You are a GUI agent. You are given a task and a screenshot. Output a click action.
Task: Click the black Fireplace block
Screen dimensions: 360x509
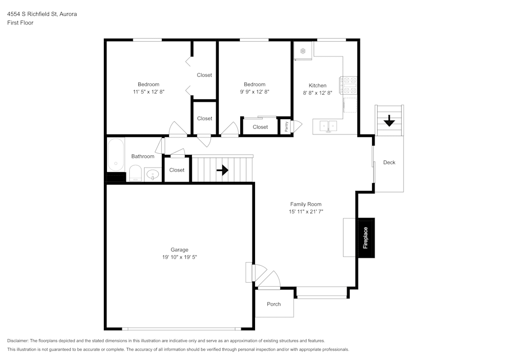(x=366, y=238)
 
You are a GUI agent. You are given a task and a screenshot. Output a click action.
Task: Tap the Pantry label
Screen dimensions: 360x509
(x=286, y=126)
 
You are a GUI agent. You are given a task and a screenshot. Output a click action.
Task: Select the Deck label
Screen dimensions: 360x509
(x=389, y=162)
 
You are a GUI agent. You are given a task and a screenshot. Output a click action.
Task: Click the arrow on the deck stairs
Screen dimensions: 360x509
(x=389, y=121)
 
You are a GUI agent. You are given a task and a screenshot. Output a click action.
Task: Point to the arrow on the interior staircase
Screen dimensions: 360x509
(x=222, y=170)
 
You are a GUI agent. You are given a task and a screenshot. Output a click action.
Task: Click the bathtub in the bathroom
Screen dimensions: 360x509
(x=116, y=155)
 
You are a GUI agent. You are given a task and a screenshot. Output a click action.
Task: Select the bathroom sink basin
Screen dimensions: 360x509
(x=153, y=175)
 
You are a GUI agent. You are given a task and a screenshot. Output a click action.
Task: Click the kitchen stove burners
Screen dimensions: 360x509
(x=350, y=85)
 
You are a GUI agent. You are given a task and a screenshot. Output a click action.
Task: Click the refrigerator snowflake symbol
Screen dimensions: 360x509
(x=302, y=51)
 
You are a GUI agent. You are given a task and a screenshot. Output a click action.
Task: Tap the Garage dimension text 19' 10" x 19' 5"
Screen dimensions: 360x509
(x=180, y=257)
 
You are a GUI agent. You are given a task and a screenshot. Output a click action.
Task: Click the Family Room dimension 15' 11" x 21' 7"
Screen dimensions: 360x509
(x=306, y=211)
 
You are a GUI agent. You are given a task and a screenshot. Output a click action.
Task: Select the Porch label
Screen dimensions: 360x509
(x=274, y=304)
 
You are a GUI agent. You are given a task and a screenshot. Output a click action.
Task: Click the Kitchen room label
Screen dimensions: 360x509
(x=318, y=86)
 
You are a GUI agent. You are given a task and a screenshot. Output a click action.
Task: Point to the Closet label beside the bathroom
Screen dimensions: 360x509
(x=177, y=170)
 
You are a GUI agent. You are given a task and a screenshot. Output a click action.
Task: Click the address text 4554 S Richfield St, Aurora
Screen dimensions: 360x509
(x=42, y=14)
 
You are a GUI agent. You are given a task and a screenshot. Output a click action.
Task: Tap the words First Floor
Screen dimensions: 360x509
(x=20, y=23)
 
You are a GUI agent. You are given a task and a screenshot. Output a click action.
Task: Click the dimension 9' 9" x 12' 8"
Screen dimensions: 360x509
(x=254, y=92)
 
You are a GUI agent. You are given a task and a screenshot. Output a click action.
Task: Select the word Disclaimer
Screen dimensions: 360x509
(x=18, y=341)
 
